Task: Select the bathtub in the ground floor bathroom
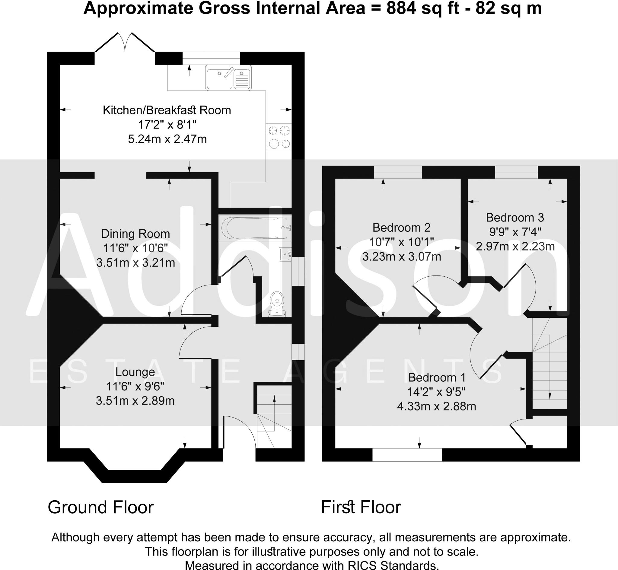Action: (255, 228)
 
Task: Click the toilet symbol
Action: (277, 304)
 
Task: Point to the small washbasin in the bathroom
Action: (285, 254)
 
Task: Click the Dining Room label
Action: (135, 234)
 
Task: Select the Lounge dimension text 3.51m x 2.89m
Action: (135, 401)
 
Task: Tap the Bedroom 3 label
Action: (515, 218)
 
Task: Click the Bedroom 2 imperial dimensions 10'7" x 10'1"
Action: (401, 242)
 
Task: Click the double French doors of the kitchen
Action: (125, 43)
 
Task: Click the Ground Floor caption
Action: (100, 507)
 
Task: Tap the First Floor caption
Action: (361, 507)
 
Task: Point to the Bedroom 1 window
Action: (407, 455)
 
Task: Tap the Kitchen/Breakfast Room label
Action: (167, 110)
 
